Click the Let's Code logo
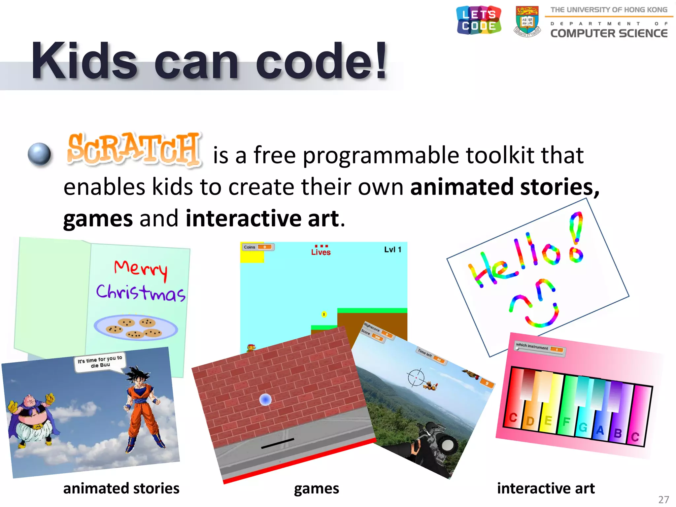pos(479,20)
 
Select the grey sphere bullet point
pos(39,154)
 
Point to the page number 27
pos(663,499)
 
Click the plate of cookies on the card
pos(136,327)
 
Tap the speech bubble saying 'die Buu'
pos(100,362)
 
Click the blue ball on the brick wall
pos(265,400)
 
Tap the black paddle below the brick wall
pos(277,443)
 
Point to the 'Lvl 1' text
pos(392,250)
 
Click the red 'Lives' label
pos(321,252)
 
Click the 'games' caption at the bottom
pos(316,489)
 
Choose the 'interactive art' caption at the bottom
pos(546,489)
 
